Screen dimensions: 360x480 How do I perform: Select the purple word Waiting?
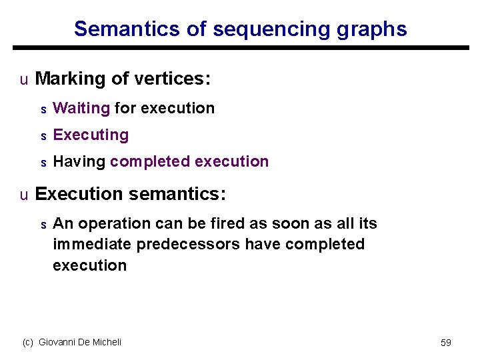(81, 108)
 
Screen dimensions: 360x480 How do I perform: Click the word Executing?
(91, 135)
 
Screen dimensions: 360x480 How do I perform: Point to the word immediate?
(92, 244)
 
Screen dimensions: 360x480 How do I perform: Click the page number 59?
(446, 343)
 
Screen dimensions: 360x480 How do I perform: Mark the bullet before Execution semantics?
(24, 195)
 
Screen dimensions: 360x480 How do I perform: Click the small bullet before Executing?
(43, 136)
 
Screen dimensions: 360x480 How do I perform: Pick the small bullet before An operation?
(43, 225)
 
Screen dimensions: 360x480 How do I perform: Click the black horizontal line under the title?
(240, 48)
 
